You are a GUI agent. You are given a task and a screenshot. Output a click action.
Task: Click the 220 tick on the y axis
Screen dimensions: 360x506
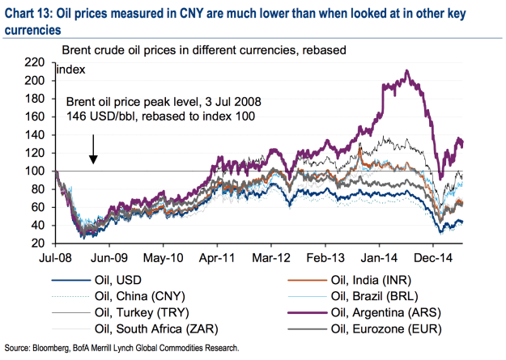coord(36,62)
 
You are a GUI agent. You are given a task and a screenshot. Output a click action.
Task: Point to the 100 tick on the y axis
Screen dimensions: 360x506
coord(36,171)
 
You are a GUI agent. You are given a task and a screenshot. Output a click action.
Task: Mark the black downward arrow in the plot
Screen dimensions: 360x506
coord(93,148)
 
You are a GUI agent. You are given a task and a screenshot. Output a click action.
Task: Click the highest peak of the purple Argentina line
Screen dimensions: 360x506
coord(406,71)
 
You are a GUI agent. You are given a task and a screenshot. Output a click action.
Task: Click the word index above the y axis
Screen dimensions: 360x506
coord(71,70)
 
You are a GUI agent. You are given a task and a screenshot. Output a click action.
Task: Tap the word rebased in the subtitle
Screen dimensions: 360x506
coord(323,49)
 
